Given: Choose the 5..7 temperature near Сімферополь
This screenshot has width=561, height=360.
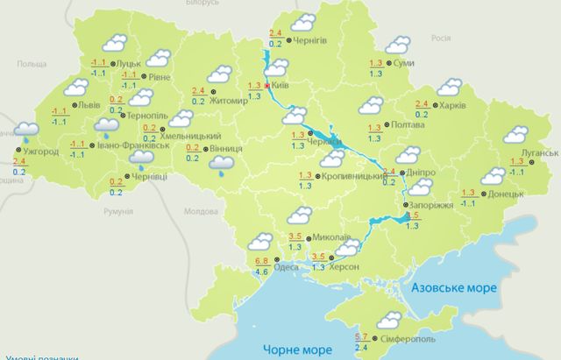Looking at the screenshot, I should pos(362,337).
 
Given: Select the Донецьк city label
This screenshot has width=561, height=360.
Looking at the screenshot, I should pos(506,193).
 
